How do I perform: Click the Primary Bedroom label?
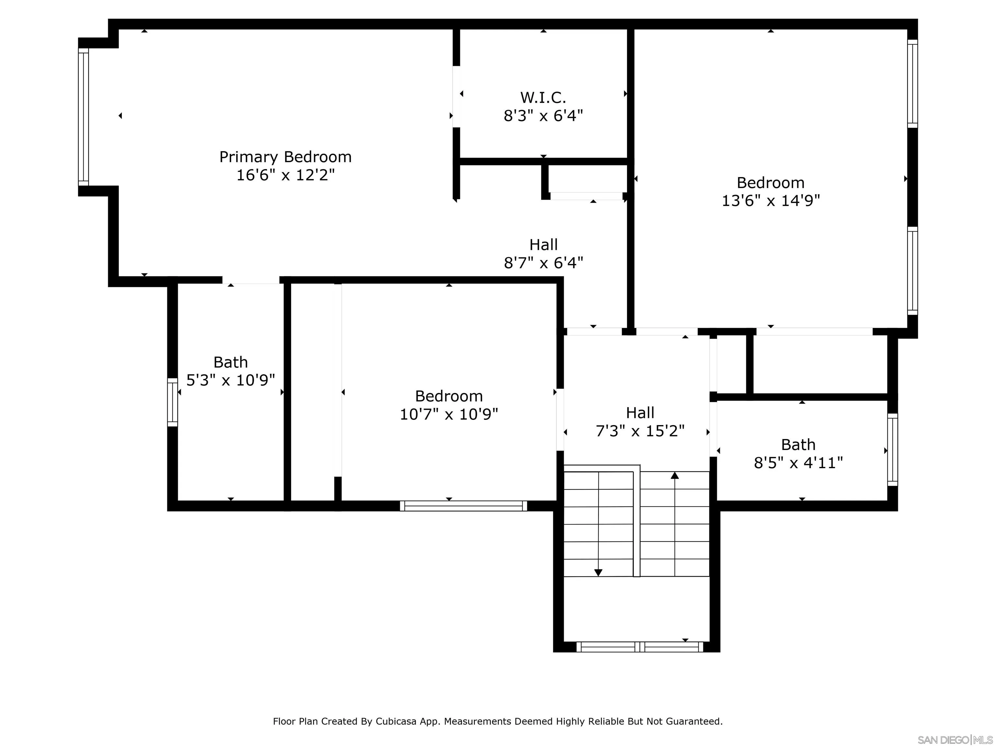pyautogui.click(x=285, y=157)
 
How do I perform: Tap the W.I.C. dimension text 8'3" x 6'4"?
pyautogui.click(x=543, y=116)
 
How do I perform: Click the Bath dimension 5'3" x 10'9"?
pyautogui.click(x=231, y=380)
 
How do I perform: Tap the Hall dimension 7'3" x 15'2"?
pyautogui.click(x=640, y=431)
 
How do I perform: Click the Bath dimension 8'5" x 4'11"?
pyautogui.click(x=798, y=462)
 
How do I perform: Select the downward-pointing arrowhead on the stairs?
pyautogui.click(x=598, y=572)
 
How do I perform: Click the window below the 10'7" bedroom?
pyautogui.click(x=463, y=506)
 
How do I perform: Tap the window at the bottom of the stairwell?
pyautogui.click(x=639, y=647)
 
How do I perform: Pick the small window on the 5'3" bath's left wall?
pyautogui.click(x=172, y=402)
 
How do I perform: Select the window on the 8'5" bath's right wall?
pyautogui.click(x=893, y=449)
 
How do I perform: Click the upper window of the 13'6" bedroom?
pyautogui.click(x=912, y=83)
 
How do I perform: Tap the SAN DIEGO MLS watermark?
pyautogui.click(x=954, y=740)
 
